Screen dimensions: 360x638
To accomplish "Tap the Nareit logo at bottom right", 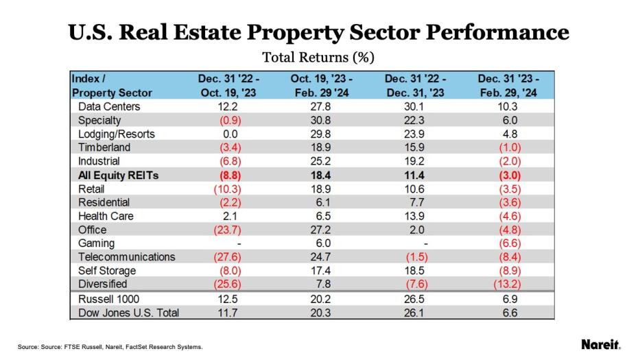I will [x=600, y=344].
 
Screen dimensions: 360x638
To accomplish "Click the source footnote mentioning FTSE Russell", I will [x=110, y=347].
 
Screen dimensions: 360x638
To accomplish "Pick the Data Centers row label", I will [x=109, y=106].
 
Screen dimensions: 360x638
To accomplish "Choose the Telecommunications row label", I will [x=126, y=257].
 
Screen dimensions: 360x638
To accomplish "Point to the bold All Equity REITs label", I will [x=118, y=176].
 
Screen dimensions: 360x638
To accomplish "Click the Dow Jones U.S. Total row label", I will [x=128, y=313].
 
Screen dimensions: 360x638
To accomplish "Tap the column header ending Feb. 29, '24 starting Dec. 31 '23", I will [x=508, y=86].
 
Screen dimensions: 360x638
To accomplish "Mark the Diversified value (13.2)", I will [x=508, y=285].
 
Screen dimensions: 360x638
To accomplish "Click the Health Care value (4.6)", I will [x=508, y=216].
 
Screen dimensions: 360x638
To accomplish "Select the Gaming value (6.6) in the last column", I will [x=508, y=243].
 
